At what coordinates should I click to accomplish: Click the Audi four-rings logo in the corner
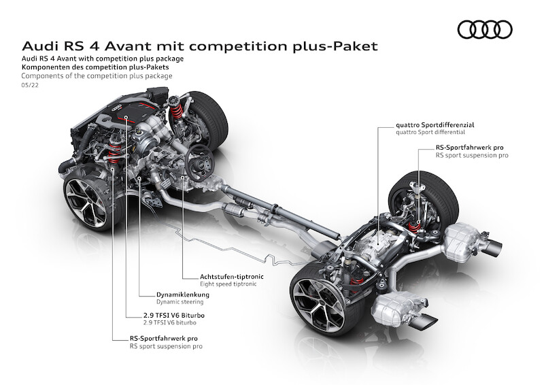point(485,29)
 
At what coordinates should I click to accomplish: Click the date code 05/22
point(30,85)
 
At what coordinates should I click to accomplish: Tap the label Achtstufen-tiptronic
point(231,277)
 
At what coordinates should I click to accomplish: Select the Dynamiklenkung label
point(183,295)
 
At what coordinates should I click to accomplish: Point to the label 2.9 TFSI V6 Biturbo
point(174,316)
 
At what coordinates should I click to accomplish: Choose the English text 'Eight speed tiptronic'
point(228,284)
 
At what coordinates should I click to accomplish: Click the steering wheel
point(200,162)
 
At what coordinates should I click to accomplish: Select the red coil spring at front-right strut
point(177,112)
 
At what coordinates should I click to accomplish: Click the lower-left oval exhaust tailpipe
point(422,322)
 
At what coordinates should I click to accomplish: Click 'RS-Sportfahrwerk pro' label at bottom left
point(164,339)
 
